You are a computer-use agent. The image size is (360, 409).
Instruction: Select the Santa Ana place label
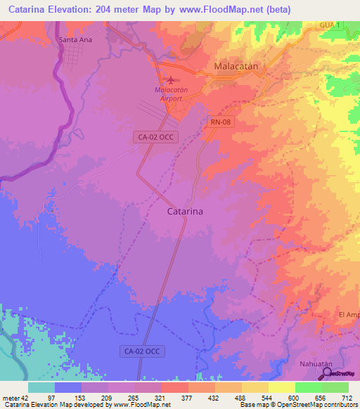[x=75, y=40]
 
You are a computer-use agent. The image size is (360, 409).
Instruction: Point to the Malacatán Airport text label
[x=168, y=94]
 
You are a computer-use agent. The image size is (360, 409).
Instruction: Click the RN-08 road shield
[x=220, y=122]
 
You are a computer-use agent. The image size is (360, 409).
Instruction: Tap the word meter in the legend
[x=13, y=397]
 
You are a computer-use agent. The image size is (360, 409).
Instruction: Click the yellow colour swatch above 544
[x=255, y=387]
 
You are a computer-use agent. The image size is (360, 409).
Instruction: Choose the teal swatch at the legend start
[x=41, y=387]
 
